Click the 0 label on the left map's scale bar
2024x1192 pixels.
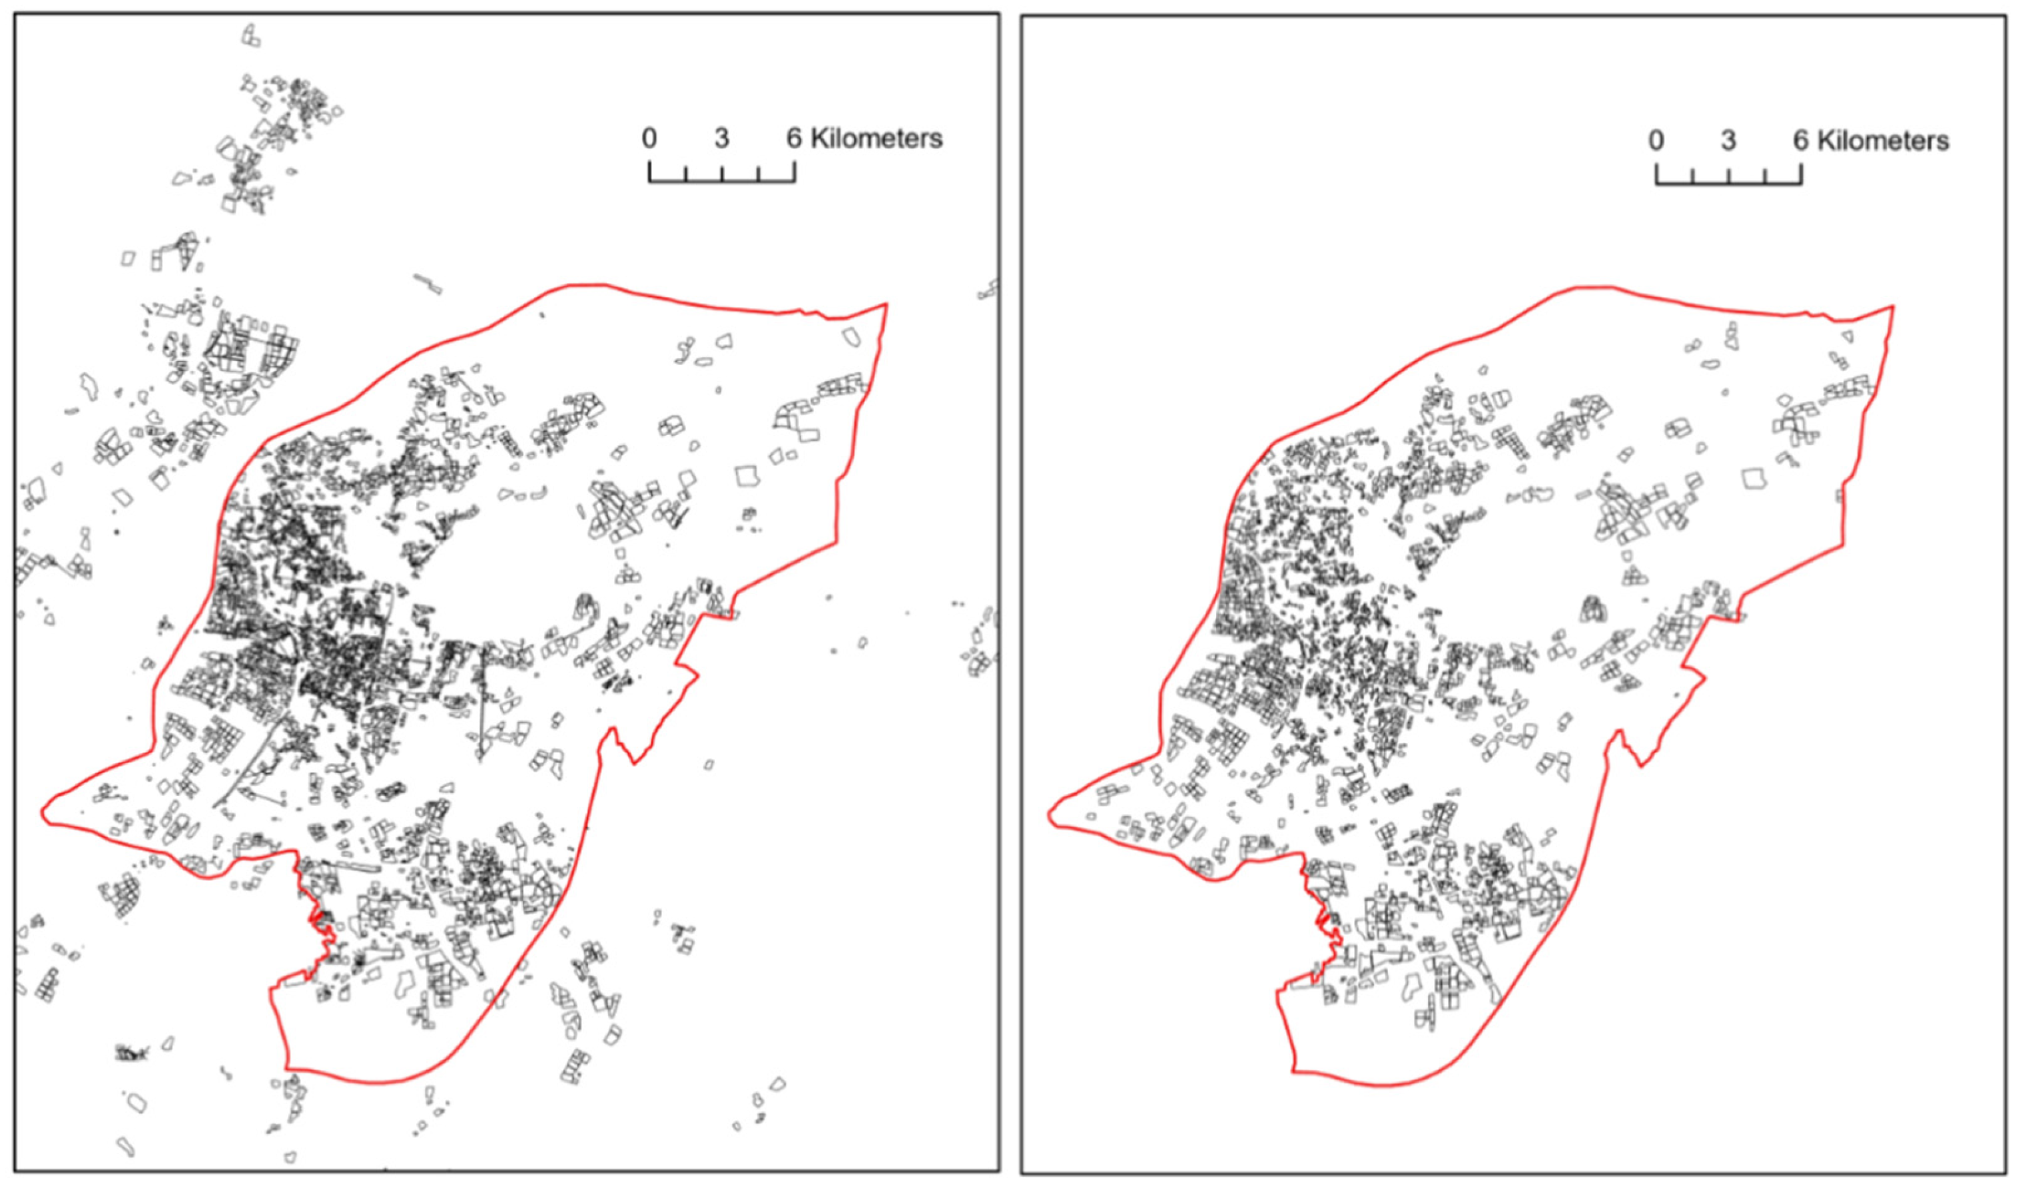[649, 139]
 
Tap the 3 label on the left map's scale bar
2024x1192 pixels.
[721, 139]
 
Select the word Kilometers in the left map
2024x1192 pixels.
[876, 139]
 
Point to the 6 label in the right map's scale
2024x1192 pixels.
[1802, 141]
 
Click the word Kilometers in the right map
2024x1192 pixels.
[1883, 141]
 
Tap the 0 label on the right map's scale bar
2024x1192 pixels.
[1656, 141]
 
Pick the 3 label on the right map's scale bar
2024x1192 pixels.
[1728, 141]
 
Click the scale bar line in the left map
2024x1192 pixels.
[721, 180]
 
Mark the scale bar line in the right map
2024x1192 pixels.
[1728, 183]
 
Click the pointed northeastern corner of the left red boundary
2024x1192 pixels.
[886, 304]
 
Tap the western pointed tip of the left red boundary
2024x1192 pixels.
[43, 812]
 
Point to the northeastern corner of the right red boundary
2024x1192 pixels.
[1893, 307]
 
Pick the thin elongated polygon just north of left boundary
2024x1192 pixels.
[428, 284]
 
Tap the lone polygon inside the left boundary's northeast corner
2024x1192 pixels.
[851, 336]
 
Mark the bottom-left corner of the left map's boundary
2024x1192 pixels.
[287, 1068]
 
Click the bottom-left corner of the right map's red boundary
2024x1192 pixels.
[1294, 1071]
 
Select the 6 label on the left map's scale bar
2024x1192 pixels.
[793, 139]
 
